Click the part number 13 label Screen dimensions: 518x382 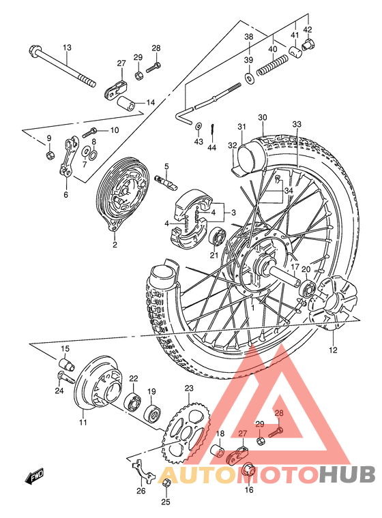pos(67,47)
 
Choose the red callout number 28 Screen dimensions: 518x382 pos(278,413)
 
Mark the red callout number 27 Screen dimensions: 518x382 pos(242,433)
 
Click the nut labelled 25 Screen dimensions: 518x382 pos(166,484)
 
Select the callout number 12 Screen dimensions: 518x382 pos(333,351)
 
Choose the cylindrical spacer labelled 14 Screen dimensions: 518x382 pos(128,104)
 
